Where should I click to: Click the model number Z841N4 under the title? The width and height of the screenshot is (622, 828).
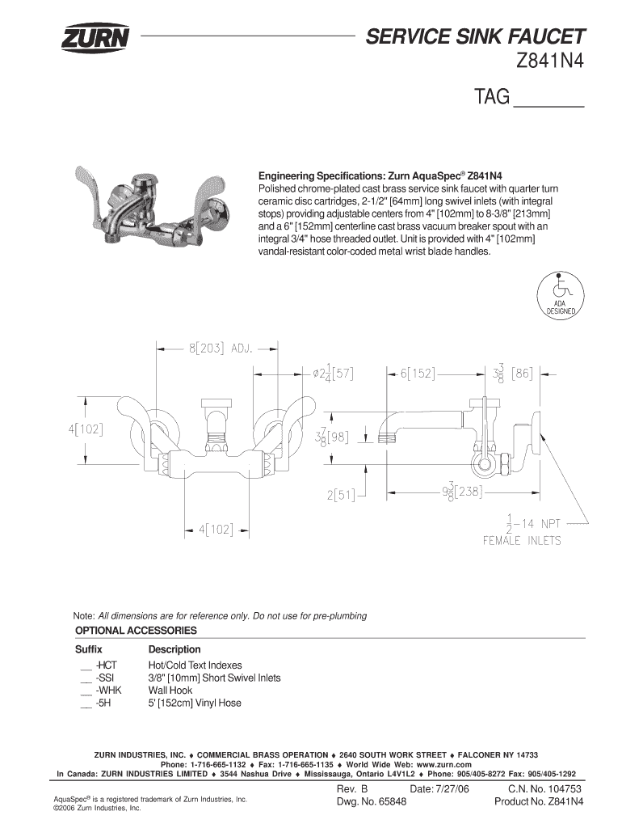[550, 61]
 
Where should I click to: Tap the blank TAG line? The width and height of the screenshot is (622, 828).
[549, 106]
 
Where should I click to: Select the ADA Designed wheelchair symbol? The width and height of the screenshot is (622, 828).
[561, 294]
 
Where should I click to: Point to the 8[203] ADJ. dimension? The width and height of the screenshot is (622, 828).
[221, 349]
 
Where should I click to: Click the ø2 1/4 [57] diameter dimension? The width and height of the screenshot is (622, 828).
[334, 374]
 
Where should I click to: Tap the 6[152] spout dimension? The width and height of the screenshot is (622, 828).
[417, 374]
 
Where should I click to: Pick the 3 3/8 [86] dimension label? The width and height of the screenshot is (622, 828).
[512, 374]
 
